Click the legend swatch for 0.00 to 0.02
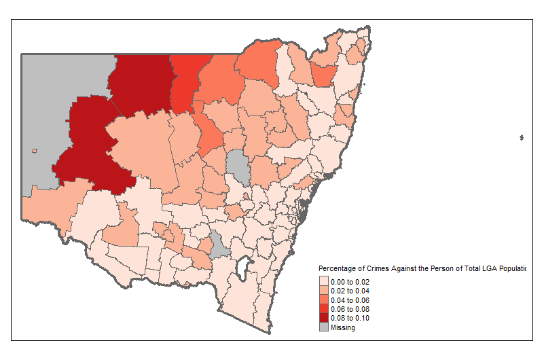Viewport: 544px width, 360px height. point(323,281)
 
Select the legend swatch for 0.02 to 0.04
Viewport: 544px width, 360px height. point(323,291)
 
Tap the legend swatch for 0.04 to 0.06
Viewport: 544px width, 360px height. point(323,300)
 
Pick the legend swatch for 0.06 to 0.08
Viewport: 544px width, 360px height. point(323,309)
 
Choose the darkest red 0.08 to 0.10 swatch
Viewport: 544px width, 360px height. point(323,318)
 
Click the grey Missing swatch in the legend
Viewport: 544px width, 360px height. point(323,327)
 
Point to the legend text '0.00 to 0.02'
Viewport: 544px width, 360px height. point(350,281)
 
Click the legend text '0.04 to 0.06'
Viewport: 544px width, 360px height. point(350,300)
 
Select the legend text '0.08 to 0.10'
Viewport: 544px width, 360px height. point(350,318)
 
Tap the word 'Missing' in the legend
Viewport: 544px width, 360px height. point(343,327)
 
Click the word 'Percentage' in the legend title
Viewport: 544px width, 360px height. point(337,269)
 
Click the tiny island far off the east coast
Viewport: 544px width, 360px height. point(521,138)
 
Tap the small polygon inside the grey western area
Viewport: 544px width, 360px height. point(34,151)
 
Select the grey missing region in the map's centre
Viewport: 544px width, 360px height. point(238,166)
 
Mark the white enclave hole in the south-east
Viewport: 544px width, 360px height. point(239,272)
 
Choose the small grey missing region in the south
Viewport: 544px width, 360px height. point(218,245)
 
